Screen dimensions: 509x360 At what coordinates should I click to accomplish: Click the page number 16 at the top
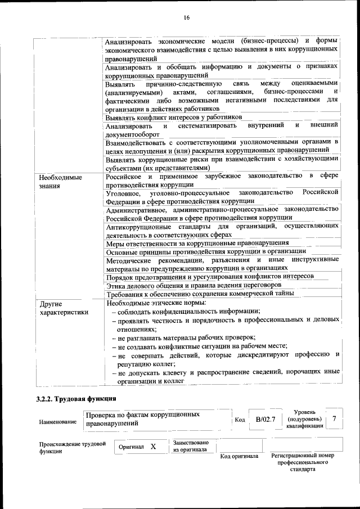click(x=186, y=18)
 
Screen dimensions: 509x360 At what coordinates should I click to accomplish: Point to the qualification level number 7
click(x=335, y=419)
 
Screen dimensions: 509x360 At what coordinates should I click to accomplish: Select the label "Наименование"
click(x=58, y=422)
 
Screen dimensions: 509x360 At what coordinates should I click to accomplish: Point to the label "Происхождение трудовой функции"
click(x=73, y=447)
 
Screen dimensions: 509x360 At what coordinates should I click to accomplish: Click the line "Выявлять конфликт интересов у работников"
click(x=173, y=117)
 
